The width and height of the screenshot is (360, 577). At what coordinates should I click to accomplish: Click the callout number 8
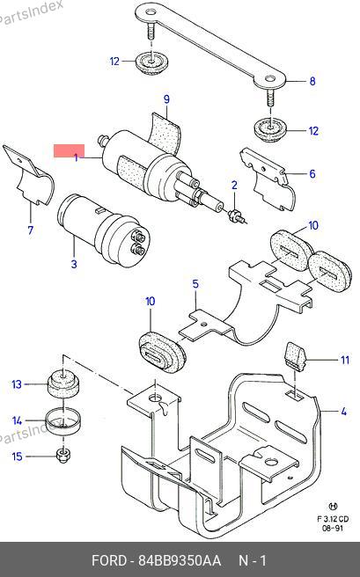point(312,81)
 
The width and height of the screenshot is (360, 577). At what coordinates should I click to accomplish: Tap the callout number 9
point(166,99)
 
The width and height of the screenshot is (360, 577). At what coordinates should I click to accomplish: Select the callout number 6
point(312,173)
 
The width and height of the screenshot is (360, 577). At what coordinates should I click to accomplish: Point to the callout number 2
point(234,186)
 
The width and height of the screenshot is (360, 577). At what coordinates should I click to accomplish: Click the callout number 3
point(74,264)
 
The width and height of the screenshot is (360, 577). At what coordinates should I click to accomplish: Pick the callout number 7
point(31,230)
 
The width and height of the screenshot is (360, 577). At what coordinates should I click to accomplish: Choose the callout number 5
point(195,284)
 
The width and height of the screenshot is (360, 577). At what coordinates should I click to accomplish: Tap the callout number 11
point(344,360)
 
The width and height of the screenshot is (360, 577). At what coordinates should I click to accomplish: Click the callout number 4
point(343,411)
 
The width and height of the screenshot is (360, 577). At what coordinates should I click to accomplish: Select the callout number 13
point(17,384)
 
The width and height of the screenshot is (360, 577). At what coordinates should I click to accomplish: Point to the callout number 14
point(18,420)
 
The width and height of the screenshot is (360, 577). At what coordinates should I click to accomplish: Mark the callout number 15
point(18,456)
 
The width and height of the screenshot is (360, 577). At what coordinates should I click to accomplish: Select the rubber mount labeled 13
point(63,384)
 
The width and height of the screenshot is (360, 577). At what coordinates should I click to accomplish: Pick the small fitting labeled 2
point(235,216)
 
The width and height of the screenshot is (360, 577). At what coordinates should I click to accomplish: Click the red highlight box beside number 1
point(70,150)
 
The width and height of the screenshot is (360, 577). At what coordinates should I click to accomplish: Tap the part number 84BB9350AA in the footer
point(180,561)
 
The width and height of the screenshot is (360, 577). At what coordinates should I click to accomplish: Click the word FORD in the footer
point(108,561)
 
